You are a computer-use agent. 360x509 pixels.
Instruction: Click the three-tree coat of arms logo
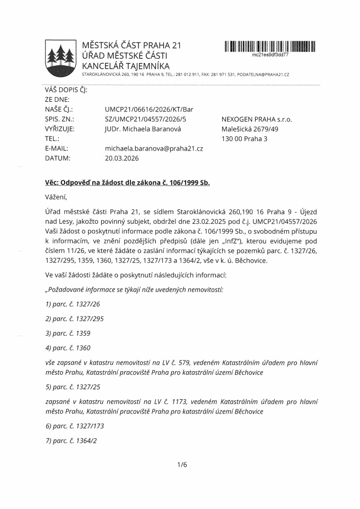click(x=59, y=55)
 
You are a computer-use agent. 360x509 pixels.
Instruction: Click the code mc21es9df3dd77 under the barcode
click(x=270, y=55)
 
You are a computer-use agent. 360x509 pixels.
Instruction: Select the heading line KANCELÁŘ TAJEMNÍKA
click(x=126, y=66)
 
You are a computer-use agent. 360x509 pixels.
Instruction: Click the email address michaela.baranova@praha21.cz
click(x=154, y=148)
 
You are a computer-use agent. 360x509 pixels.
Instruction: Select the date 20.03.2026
click(x=121, y=158)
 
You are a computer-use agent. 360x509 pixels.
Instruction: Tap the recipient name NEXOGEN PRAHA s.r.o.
click(x=257, y=119)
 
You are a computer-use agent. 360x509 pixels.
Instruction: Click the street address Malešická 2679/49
click(x=249, y=129)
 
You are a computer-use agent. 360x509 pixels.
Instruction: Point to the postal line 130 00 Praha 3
click(x=244, y=139)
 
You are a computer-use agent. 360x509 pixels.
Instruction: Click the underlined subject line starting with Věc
click(x=127, y=183)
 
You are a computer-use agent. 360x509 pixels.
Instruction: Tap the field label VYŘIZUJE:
click(x=59, y=129)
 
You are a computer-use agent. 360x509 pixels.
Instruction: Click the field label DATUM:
click(x=57, y=158)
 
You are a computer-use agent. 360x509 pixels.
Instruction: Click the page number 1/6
click(x=182, y=465)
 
